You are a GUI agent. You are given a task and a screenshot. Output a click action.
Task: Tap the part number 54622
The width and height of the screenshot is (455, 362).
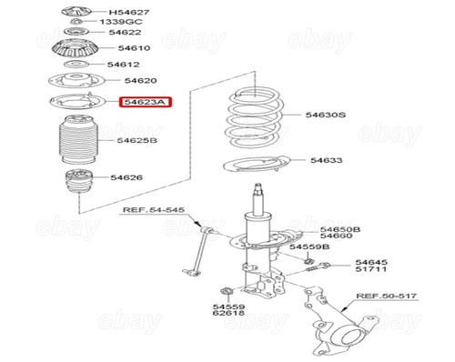126,33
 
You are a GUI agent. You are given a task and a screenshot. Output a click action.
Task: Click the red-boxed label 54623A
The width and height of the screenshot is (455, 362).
146,103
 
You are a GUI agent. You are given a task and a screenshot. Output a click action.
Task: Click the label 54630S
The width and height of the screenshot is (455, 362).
326,116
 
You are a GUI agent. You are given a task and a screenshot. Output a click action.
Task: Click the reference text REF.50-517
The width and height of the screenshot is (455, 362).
385,296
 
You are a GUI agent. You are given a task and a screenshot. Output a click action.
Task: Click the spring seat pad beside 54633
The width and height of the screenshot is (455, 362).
256,166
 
